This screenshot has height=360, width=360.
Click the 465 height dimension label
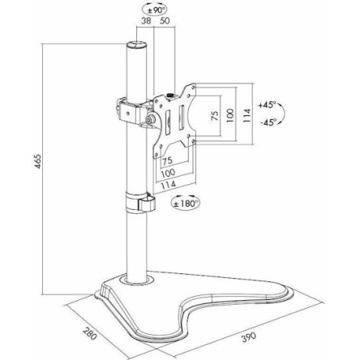coord(38,161)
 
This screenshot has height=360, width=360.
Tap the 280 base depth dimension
coord(90,333)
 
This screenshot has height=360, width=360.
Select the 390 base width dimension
coord(248,337)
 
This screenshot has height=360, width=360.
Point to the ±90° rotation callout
coord(155,11)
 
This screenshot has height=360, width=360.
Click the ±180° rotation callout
coord(186,204)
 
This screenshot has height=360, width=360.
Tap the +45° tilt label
coord(267,105)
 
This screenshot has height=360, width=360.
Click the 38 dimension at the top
coord(146,21)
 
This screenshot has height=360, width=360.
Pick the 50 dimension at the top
coord(165,21)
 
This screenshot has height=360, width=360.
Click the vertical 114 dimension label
coord(246,116)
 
